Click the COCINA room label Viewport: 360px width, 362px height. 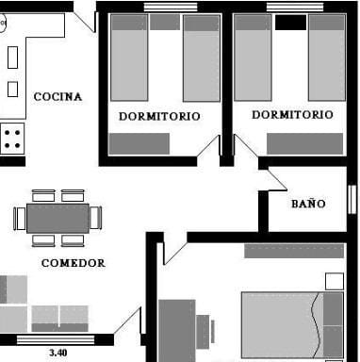57,96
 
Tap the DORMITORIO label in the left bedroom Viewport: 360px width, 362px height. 159,116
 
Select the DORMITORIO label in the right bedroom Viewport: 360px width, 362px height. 292,115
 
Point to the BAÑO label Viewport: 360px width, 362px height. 308,203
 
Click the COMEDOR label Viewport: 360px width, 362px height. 73,263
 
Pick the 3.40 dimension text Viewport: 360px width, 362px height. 57,353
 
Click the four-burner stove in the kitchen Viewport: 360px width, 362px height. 12,140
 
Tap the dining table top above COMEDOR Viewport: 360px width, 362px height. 57,218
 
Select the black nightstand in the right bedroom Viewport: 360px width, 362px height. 291,22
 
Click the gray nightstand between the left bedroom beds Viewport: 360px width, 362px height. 165,22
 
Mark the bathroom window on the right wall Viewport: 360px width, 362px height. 352,199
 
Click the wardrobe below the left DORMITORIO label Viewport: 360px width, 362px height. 139,143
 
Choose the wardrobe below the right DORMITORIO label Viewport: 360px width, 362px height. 304,143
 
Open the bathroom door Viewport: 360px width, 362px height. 276,179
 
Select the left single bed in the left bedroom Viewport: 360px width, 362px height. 129,58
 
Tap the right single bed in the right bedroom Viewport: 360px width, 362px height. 326,58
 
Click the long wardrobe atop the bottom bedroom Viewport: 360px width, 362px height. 293,251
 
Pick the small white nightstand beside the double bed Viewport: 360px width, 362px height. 334,281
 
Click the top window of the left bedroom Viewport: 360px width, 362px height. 170,7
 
